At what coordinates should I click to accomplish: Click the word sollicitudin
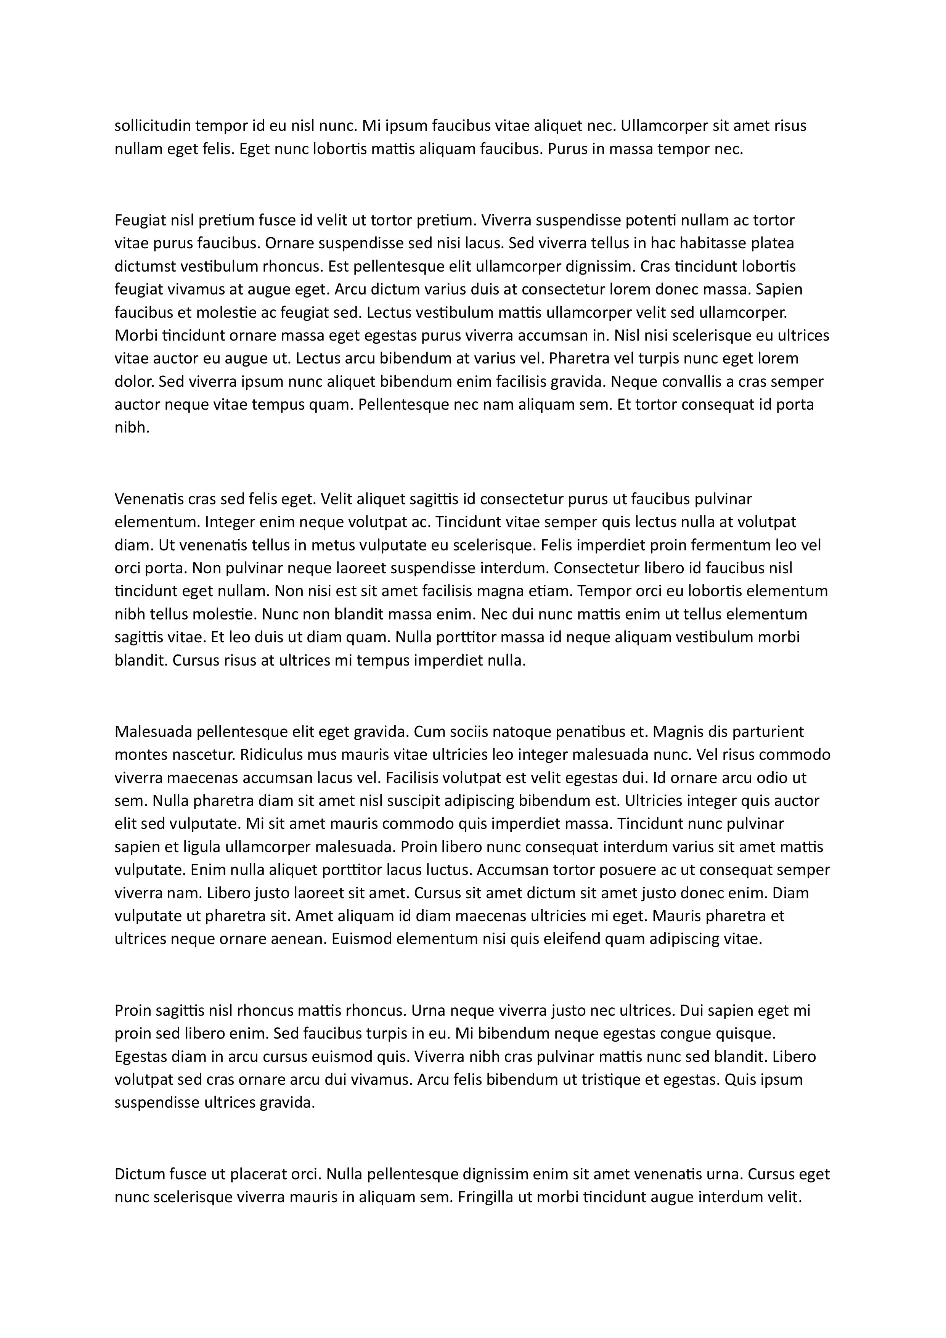coord(152,126)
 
